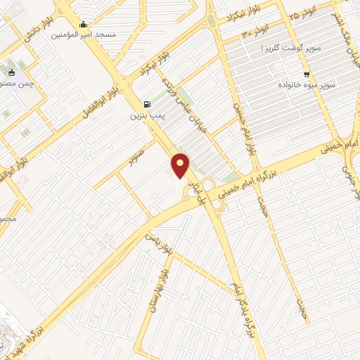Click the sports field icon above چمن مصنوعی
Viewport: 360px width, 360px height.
click(11, 72)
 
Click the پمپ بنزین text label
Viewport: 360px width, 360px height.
click(146, 114)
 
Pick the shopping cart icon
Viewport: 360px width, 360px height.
click(306, 74)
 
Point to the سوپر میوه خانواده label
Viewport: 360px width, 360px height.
click(307, 84)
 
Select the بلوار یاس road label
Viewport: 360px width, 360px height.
click(159, 243)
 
